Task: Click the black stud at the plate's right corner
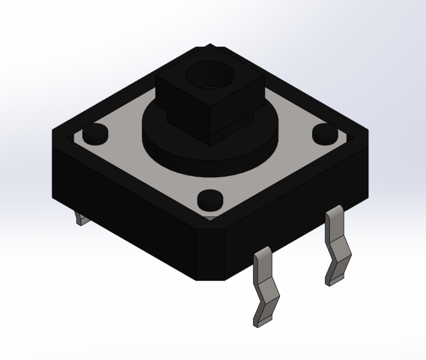point(324,133)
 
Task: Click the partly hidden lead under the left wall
point(82,219)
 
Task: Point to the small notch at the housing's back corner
point(209,47)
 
